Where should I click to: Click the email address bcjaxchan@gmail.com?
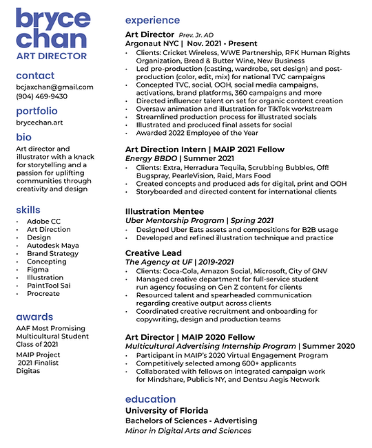54,87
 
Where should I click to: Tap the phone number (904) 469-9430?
41,97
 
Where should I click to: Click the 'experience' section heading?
152,20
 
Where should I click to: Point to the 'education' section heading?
150,399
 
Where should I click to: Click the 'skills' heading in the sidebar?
28,209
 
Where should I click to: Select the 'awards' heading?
34,317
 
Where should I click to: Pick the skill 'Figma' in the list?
38,270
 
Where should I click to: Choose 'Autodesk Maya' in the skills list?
52,245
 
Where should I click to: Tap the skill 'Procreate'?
43,295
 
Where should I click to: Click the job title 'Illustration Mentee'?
165,211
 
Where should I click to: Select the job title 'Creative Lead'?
154,253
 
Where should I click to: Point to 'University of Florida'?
166,411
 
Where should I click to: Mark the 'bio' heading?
23,136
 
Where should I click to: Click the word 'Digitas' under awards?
29,371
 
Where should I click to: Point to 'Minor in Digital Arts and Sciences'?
188,431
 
